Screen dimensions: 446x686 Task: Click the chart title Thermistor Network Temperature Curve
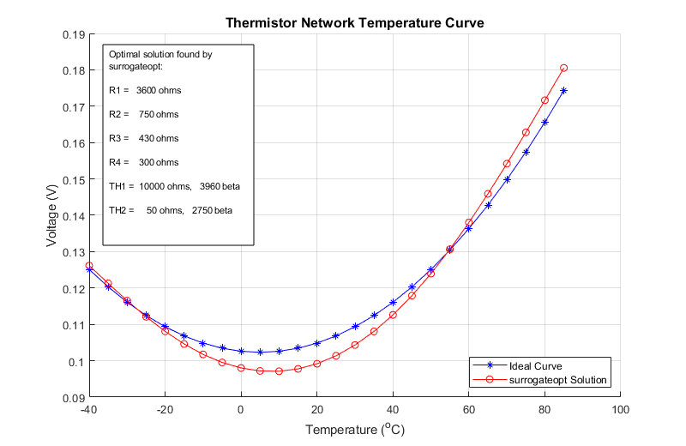[x=354, y=23]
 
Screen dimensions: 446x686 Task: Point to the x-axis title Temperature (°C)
[x=354, y=430]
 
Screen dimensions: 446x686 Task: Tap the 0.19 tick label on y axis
[x=73, y=35]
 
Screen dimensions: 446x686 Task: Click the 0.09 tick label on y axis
[x=73, y=398]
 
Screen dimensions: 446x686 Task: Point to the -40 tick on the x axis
[x=88, y=410]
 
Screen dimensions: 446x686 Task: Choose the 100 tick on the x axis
[x=620, y=410]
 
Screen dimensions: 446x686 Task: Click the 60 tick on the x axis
[x=468, y=410]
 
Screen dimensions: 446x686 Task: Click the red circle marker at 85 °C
[x=563, y=68]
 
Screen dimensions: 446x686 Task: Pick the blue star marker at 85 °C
[x=563, y=90]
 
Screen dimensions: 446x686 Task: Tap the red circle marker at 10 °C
[x=279, y=371]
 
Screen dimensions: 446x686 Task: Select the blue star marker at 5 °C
[x=260, y=353]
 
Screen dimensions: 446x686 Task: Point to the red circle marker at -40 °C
[x=89, y=266]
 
